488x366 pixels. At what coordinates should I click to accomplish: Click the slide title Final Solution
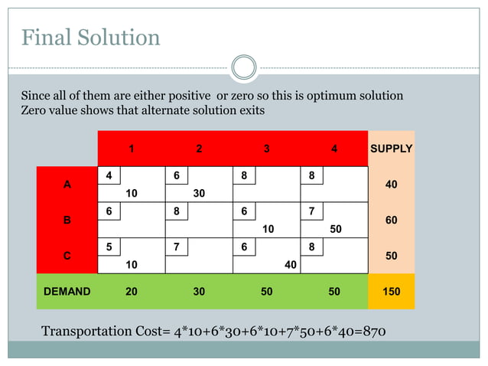tap(90, 37)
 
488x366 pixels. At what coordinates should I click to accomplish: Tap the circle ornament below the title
tap(243, 67)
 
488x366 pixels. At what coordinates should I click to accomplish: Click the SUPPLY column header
tap(391, 149)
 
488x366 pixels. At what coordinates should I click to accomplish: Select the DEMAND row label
tap(67, 291)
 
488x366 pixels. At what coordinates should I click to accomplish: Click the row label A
tap(67, 185)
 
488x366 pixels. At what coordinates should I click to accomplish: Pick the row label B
tap(67, 221)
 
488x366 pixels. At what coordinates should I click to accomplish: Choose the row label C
tap(67, 256)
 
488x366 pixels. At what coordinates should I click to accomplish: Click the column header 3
tap(266, 149)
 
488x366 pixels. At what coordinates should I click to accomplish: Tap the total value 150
tap(391, 291)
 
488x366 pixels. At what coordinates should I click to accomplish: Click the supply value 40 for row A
tap(391, 185)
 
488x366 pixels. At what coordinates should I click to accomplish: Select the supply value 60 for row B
tap(391, 221)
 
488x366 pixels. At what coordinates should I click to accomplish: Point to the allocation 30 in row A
tap(199, 194)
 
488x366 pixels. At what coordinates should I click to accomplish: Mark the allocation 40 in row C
tap(290, 265)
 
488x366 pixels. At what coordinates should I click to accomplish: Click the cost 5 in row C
tap(110, 247)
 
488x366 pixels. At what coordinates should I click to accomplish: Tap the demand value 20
tap(132, 291)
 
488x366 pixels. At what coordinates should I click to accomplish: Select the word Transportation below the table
tap(86, 331)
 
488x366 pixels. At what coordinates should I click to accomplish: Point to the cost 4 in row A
tap(110, 175)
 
